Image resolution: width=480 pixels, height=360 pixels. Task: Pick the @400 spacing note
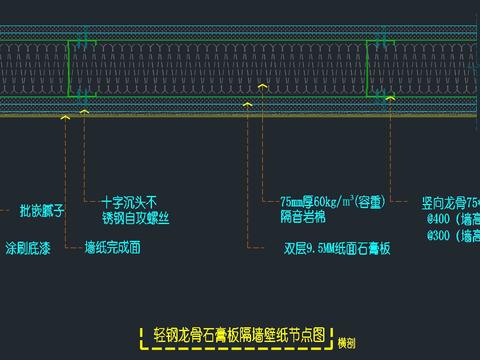(x=451, y=218)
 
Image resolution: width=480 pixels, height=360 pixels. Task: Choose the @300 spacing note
(x=451, y=236)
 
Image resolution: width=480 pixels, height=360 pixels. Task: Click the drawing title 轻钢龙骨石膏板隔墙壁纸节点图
(x=239, y=333)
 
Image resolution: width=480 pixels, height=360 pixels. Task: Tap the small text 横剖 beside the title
(x=346, y=341)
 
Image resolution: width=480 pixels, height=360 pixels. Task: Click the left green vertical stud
(x=69, y=68)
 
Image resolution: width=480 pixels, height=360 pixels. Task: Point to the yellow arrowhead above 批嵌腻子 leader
(x=66, y=118)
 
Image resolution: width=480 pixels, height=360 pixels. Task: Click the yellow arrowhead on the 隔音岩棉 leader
(x=262, y=87)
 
